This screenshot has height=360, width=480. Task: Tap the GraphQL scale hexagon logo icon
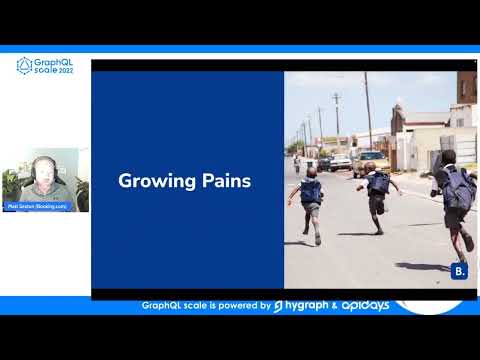click(25, 66)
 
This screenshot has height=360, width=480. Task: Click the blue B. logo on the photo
click(459, 271)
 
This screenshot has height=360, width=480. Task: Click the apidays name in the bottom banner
click(356, 306)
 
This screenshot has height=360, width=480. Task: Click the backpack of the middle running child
click(379, 183)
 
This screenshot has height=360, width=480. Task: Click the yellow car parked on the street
click(369, 162)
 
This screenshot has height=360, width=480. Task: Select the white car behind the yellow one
click(341, 161)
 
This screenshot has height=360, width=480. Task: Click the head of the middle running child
click(379, 166)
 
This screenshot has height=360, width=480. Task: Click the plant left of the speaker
click(12, 185)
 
